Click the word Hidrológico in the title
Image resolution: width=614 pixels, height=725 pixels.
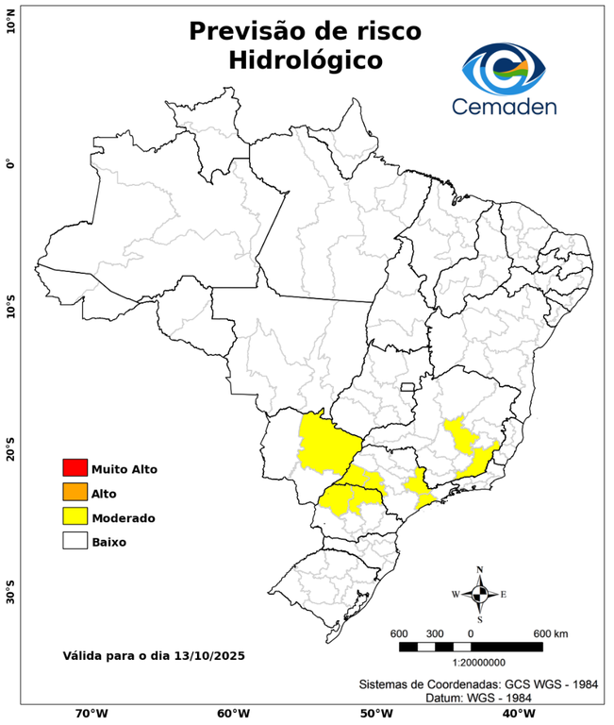(305, 60)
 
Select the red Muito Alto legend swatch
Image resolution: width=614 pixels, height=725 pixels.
(75, 468)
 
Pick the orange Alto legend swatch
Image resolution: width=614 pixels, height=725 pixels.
(75, 493)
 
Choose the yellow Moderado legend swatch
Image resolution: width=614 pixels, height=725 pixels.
(75, 517)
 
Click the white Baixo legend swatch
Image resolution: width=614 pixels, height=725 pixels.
(75, 542)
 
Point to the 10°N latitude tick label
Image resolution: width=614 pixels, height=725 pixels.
(10, 22)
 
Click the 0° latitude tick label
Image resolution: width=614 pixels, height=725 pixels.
(10, 164)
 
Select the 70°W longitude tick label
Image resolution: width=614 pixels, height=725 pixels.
(91, 714)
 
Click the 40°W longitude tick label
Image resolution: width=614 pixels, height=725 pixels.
(516, 714)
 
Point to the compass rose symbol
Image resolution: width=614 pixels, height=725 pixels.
(479, 594)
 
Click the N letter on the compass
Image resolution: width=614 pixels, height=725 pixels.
(479, 569)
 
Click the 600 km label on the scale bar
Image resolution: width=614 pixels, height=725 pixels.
(550, 632)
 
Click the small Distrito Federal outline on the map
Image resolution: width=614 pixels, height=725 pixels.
(408, 386)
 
